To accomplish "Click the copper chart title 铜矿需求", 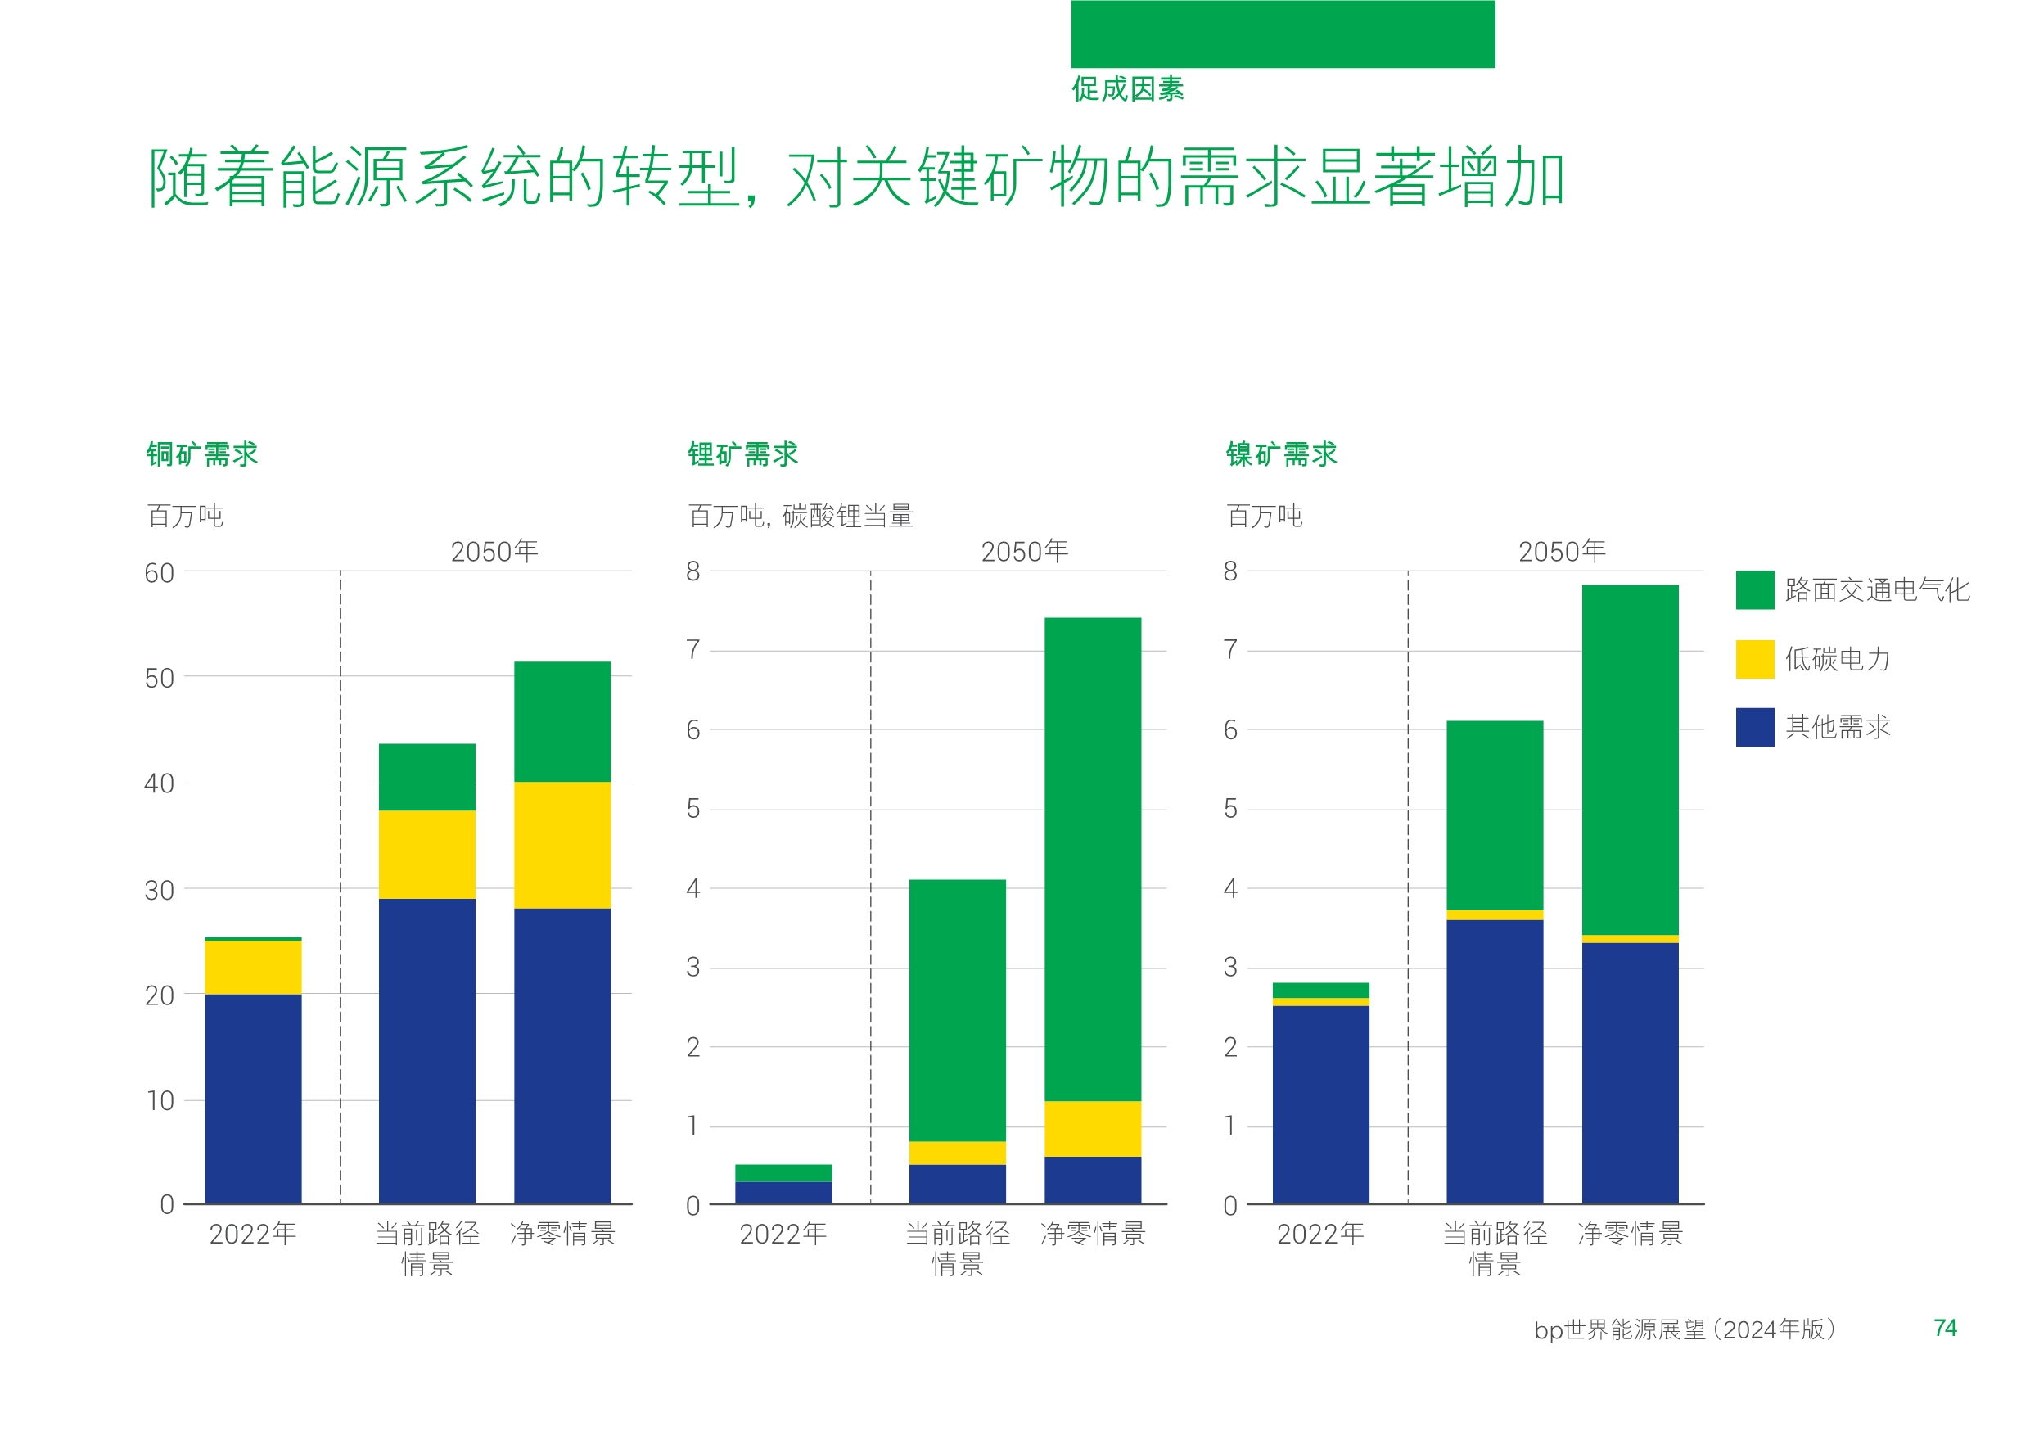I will click(201, 454).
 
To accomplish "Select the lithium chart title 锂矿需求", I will click(742, 454).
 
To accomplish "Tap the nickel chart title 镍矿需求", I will click(1281, 454).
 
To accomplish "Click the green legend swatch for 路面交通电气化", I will click(1754, 590).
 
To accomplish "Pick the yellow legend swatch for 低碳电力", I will click(1754, 659).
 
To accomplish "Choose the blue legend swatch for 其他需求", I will click(1754, 727).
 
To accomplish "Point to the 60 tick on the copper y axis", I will click(159, 573).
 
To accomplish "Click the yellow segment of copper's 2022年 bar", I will click(253, 967).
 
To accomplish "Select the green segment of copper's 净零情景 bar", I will click(562, 722).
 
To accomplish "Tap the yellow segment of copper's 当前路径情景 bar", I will click(427, 855).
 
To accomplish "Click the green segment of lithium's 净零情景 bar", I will click(1093, 858).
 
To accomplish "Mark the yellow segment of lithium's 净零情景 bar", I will click(1093, 1129).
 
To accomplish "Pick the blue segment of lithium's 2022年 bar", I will click(783, 1192).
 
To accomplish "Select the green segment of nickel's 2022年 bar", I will click(1321, 990).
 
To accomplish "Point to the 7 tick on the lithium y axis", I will click(693, 650).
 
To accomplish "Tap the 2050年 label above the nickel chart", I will click(1562, 552).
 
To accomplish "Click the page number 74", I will click(1944, 1328).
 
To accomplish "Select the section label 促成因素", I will click(1127, 89).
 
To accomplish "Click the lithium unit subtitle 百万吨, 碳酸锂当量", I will click(801, 516).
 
